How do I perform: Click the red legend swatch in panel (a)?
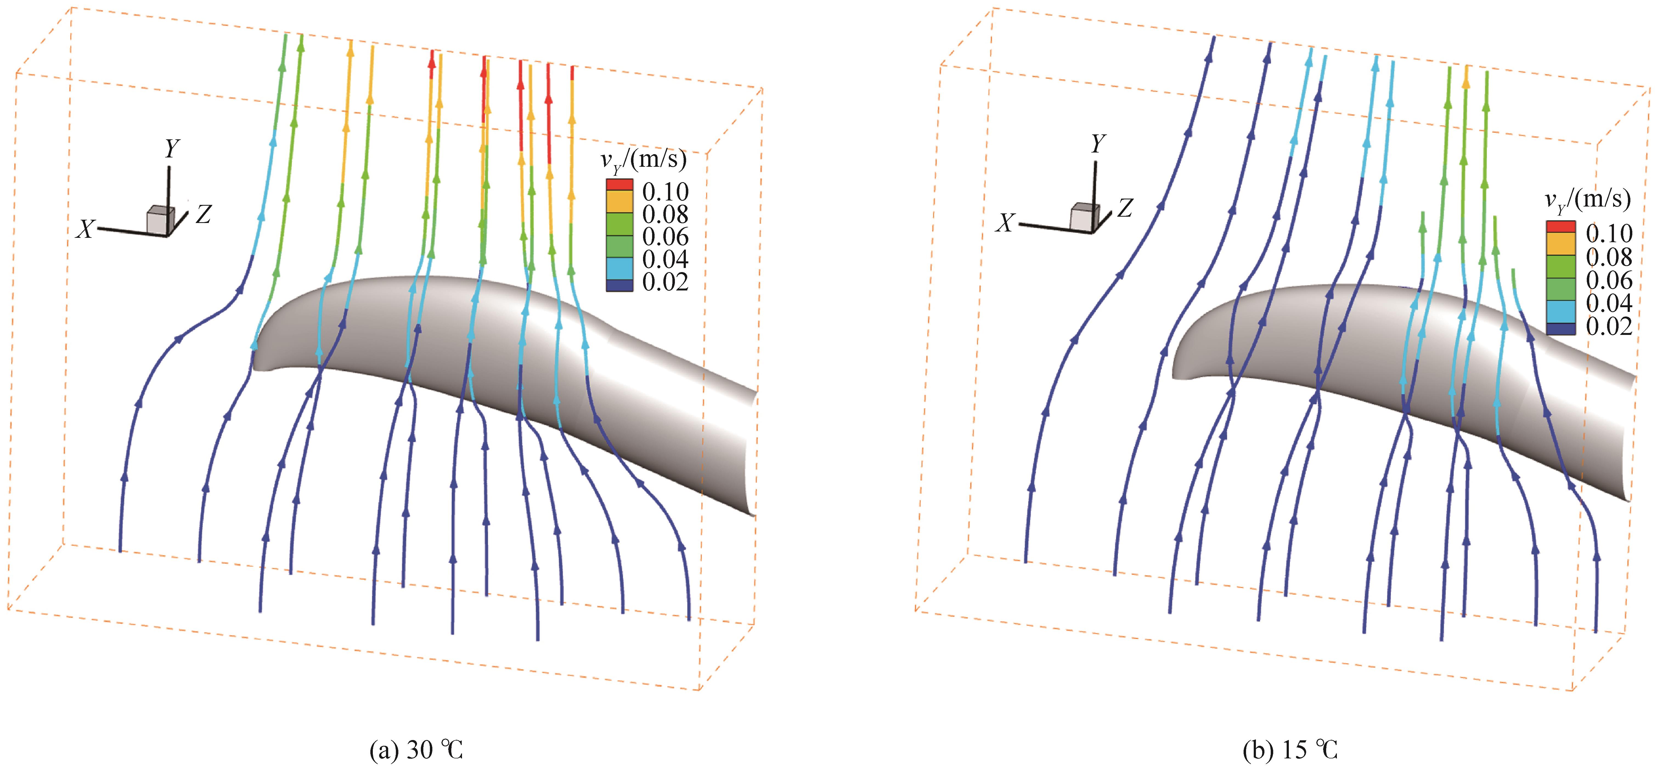tap(619, 185)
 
